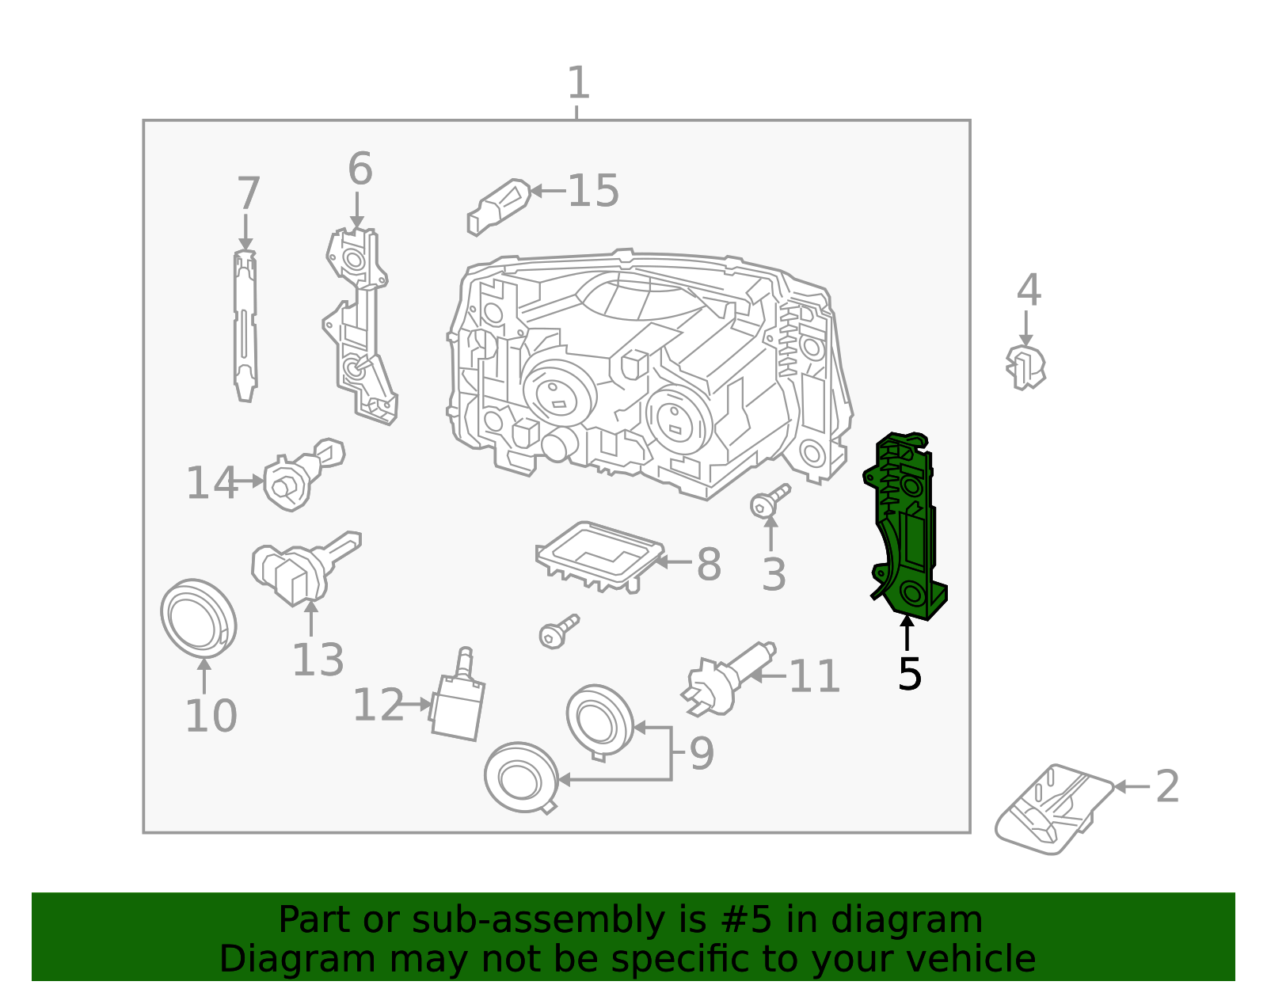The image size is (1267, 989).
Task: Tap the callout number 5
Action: (x=909, y=674)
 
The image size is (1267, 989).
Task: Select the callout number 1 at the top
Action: (x=578, y=83)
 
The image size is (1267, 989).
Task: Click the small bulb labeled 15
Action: (x=499, y=206)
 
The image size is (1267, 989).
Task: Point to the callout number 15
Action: (x=593, y=191)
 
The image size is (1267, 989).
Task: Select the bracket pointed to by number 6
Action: (x=360, y=325)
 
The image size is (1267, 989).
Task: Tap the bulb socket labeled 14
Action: (x=297, y=475)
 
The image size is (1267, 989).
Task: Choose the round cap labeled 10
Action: (x=198, y=618)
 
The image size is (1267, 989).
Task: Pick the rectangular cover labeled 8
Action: (x=599, y=554)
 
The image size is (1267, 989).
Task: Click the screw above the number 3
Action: (x=768, y=501)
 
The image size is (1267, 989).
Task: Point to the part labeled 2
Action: (x=1053, y=808)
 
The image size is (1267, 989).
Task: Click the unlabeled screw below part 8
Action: (x=557, y=631)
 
